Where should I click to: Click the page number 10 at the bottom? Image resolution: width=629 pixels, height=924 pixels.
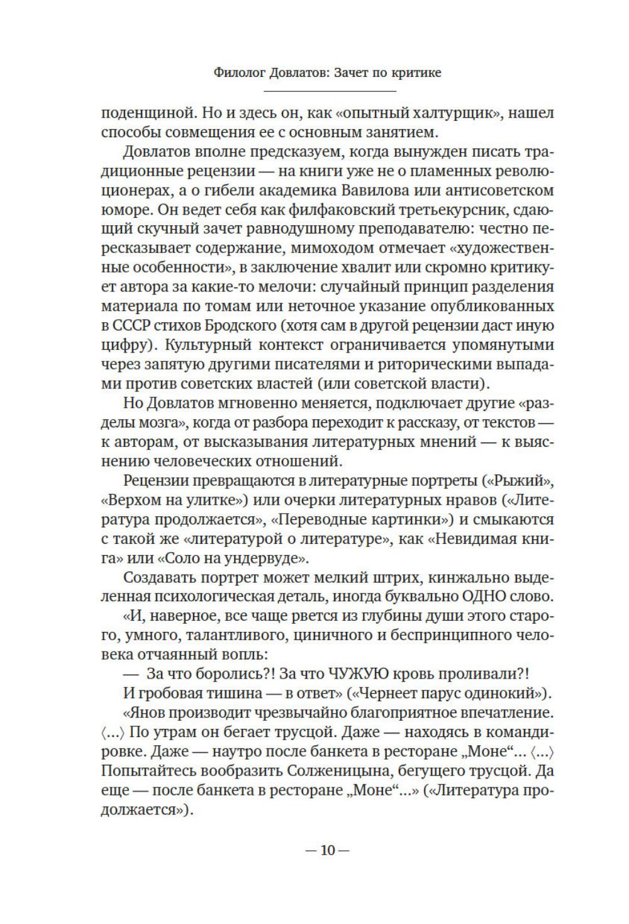click(x=327, y=850)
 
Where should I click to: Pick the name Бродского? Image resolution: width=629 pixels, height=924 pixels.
click(x=242, y=325)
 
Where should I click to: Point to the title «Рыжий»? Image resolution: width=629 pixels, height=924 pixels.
click(x=524, y=480)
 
